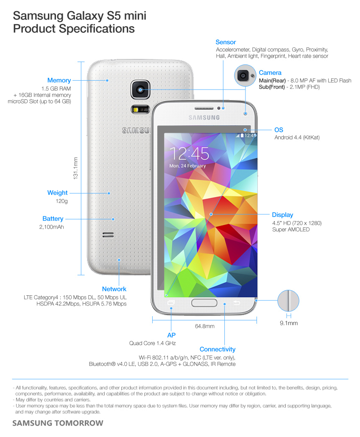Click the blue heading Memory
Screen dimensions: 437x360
point(59,80)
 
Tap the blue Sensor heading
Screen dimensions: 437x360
point(226,42)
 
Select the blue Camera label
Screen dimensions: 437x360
point(270,73)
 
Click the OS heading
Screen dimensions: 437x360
point(279,130)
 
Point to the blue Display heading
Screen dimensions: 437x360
point(282,215)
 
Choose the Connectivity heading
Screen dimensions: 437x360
point(217,349)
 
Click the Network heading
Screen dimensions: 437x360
point(114,289)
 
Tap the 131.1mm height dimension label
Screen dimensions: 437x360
point(75,168)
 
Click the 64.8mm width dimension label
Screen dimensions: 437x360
point(204,326)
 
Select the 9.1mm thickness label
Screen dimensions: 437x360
point(288,323)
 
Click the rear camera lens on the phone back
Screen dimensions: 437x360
point(140,90)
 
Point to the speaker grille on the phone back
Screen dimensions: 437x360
point(108,235)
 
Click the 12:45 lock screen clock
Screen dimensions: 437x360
point(189,153)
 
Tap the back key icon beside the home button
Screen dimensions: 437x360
point(237,303)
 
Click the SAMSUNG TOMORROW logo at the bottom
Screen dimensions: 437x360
point(58,423)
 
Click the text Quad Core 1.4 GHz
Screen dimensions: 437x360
point(152,343)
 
